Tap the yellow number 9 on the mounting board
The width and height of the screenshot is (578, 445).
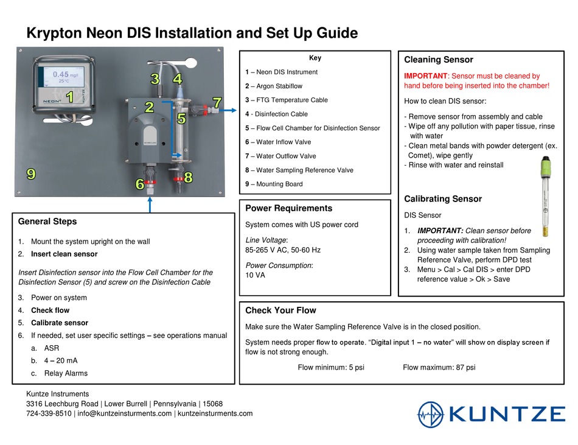point(30,174)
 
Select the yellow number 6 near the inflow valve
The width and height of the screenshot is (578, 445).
point(140,184)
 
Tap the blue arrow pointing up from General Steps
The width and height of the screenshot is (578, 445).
point(150,204)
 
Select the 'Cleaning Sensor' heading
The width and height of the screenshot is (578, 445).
point(438,60)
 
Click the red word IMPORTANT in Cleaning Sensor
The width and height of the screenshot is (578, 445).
point(425,76)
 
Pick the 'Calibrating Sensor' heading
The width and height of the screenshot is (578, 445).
point(442,199)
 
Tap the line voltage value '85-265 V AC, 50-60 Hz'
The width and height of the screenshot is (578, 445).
point(282,250)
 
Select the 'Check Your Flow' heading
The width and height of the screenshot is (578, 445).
point(280,310)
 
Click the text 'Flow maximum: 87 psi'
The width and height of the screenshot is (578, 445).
point(439,368)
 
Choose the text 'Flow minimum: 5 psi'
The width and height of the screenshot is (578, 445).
point(330,368)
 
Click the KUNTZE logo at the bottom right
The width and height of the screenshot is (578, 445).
point(491,415)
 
